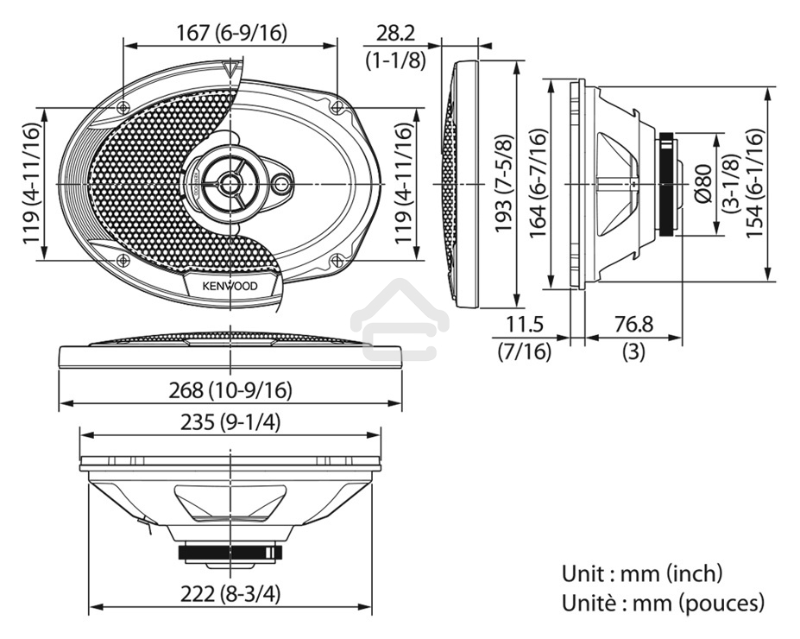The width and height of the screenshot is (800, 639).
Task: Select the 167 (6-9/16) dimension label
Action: [x=230, y=33]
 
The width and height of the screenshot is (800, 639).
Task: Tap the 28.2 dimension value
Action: [x=395, y=33]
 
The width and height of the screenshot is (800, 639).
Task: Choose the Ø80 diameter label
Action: [x=701, y=184]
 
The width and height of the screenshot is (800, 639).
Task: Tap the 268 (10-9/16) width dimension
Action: [x=230, y=390]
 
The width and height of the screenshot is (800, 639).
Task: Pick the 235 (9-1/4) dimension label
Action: [x=230, y=422]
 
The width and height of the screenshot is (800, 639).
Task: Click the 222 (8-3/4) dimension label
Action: [x=230, y=595]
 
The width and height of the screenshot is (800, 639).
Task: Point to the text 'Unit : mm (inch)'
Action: [x=642, y=573]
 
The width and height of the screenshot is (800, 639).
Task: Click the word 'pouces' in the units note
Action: [x=721, y=602]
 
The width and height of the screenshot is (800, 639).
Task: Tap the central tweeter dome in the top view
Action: [x=230, y=182]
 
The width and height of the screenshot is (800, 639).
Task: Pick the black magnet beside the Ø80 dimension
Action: [x=667, y=184]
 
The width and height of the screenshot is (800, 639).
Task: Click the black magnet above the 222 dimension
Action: [x=230, y=552]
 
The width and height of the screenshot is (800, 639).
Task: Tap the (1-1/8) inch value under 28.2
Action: [x=395, y=60]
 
